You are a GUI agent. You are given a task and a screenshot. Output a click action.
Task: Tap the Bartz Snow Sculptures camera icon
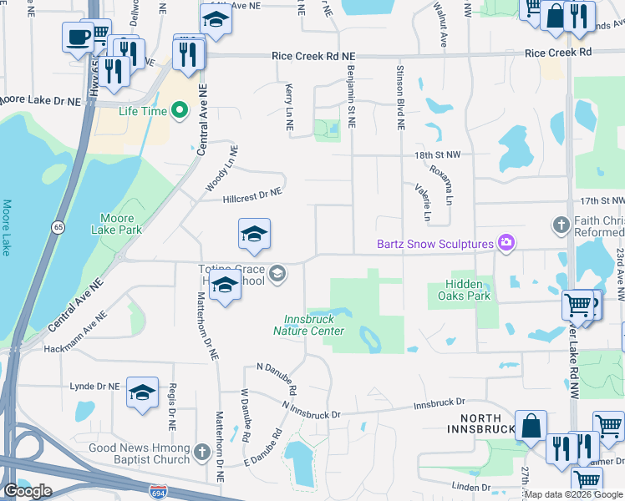506,244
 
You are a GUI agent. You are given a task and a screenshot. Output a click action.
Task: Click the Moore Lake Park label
117,223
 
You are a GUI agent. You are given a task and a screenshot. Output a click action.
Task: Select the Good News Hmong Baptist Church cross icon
201,453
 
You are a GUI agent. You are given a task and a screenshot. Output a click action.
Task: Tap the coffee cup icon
79,37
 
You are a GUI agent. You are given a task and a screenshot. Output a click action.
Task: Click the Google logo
28,490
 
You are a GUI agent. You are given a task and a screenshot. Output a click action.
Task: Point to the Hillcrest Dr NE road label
252,196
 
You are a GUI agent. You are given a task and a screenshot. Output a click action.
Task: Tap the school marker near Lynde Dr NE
143,392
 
